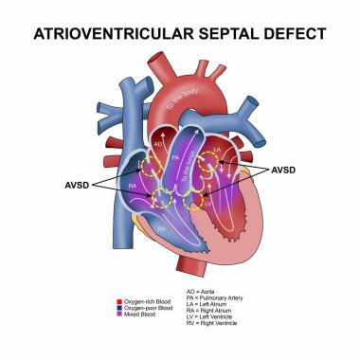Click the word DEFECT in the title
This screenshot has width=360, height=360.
294,34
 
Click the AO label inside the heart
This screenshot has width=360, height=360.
158,143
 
